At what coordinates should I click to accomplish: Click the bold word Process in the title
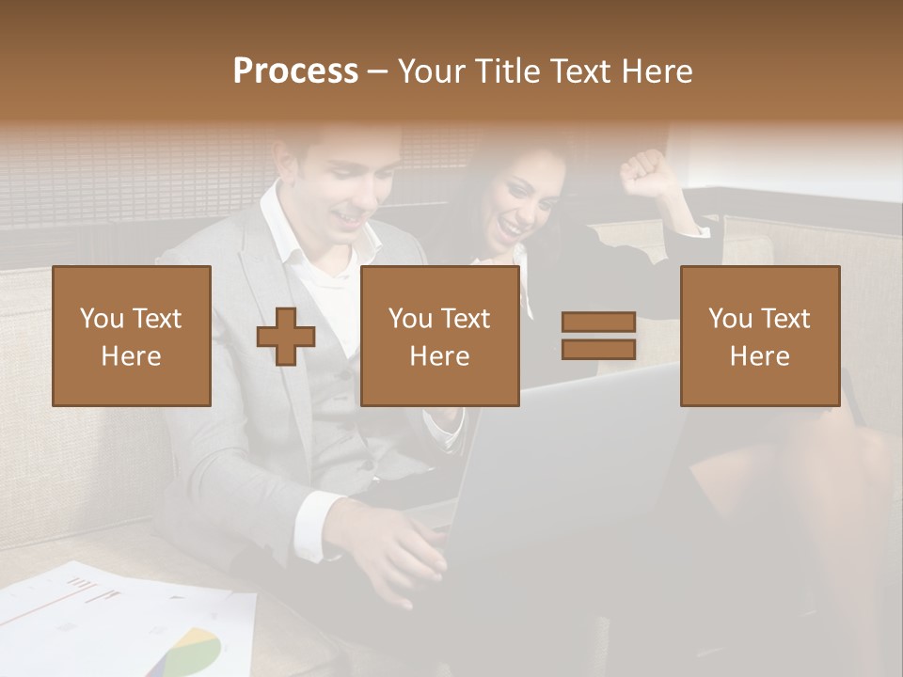295,71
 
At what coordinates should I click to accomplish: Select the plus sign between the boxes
286,336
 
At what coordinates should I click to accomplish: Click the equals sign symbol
599,336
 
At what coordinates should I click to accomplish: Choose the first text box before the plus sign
132,336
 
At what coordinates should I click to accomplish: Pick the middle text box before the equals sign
439,336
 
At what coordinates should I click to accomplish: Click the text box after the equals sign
759,336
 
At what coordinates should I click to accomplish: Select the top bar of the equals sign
599,323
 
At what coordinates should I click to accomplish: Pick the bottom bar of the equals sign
599,349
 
